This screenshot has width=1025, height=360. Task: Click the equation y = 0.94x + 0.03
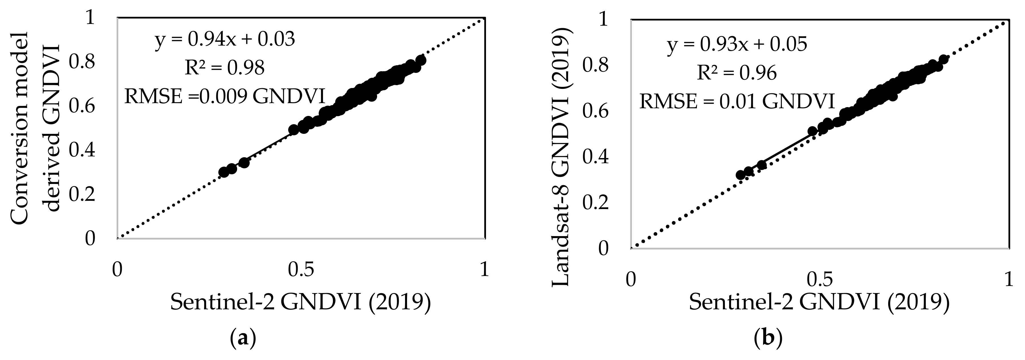coord(225,40)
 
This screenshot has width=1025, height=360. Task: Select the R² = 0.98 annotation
coord(225,68)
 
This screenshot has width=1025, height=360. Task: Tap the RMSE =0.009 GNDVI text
coord(225,97)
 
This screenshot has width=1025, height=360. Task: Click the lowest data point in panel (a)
coord(224,172)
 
